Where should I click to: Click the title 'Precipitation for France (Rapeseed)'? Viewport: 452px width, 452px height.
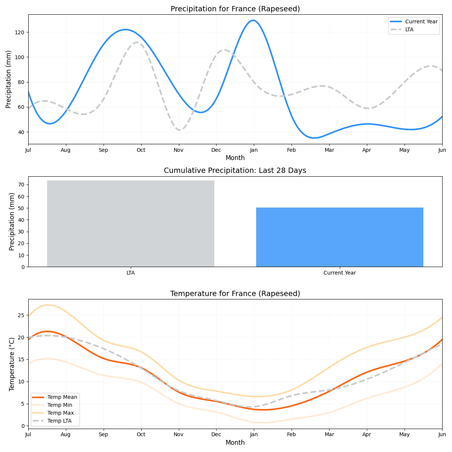click(x=235, y=9)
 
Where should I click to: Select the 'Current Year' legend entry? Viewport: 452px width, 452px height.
click(x=421, y=22)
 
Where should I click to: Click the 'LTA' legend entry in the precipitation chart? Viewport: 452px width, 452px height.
click(x=409, y=29)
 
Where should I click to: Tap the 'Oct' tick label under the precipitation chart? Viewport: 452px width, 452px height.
click(x=141, y=150)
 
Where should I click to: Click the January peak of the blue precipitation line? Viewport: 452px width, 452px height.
click(x=253, y=20)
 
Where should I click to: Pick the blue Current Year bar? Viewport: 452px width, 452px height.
click(x=339, y=237)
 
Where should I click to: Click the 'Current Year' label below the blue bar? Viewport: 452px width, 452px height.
click(x=339, y=273)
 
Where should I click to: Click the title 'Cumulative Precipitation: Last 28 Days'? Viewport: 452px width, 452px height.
click(x=235, y=171)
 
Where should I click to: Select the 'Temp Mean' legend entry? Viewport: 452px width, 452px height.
click(x=62, y=397)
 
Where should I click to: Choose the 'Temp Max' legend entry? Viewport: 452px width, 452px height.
click(x=60, y=413)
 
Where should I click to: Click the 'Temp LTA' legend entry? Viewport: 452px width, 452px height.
click(x=59, y=421)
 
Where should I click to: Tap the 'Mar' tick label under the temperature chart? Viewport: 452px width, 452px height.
click(x=329, y=435)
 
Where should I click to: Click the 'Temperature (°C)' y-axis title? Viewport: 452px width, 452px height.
click(x=12, y=364)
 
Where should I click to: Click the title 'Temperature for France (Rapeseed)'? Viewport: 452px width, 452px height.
click(x=235, y=294)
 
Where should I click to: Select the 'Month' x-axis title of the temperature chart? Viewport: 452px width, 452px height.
click(x=235, y=443)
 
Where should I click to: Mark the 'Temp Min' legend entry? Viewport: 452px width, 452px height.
click(x=60, y=405)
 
